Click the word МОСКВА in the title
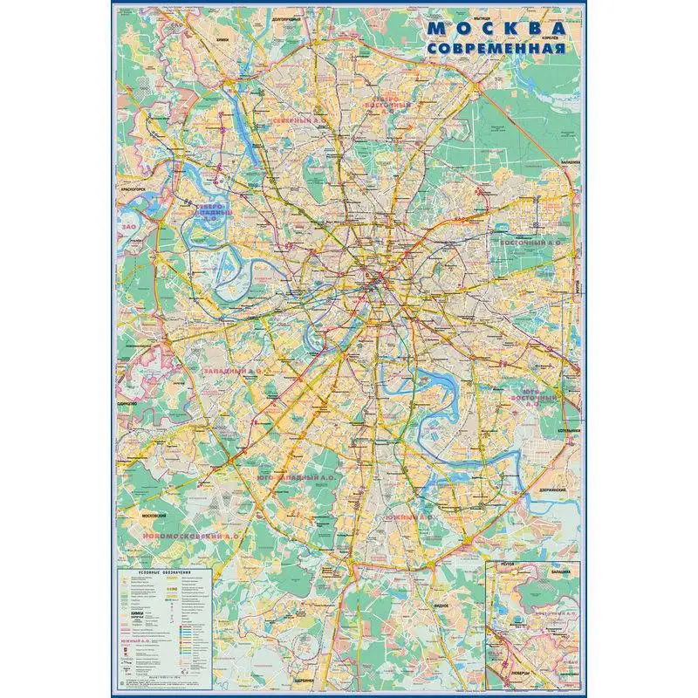pos(494,28)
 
